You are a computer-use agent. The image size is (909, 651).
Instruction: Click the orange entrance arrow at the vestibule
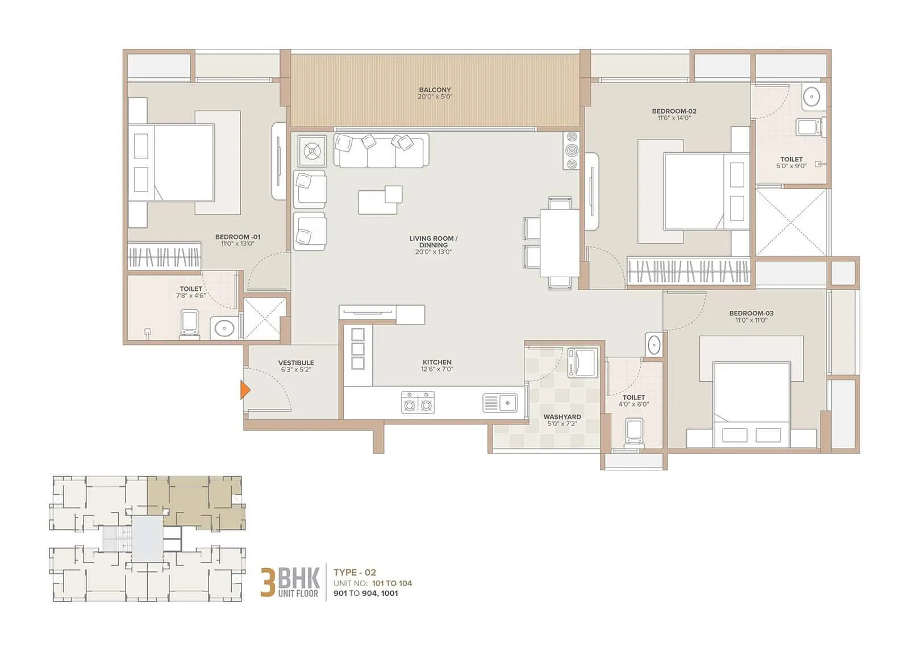(245, 390)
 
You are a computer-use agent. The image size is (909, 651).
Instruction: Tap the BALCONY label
(435, 90)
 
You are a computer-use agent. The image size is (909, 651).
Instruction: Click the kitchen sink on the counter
(500, 403)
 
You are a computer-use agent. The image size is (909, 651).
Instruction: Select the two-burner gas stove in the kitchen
(418, 402)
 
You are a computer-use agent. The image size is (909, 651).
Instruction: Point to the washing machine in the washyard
(583, 362)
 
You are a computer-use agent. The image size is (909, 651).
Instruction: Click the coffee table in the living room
(380, 201)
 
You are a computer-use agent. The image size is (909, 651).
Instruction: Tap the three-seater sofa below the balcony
(381, 151)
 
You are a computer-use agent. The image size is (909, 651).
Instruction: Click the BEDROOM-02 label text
(674, 111)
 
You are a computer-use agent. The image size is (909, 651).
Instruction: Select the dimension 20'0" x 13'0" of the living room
(433, 252)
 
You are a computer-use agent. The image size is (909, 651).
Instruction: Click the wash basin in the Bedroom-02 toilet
(813, 97)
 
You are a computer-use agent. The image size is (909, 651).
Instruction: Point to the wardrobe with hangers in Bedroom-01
(164, 257)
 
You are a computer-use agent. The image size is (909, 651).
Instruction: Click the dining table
(559, 243)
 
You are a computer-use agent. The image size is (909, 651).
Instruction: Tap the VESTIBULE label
(296, 362)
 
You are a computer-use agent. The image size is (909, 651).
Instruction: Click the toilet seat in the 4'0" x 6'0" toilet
(633, 432)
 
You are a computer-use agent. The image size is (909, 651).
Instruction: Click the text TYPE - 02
(355, 573)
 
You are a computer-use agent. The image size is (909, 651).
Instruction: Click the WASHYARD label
(561, 417)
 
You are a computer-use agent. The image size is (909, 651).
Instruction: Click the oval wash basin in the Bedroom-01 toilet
(225, 328)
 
